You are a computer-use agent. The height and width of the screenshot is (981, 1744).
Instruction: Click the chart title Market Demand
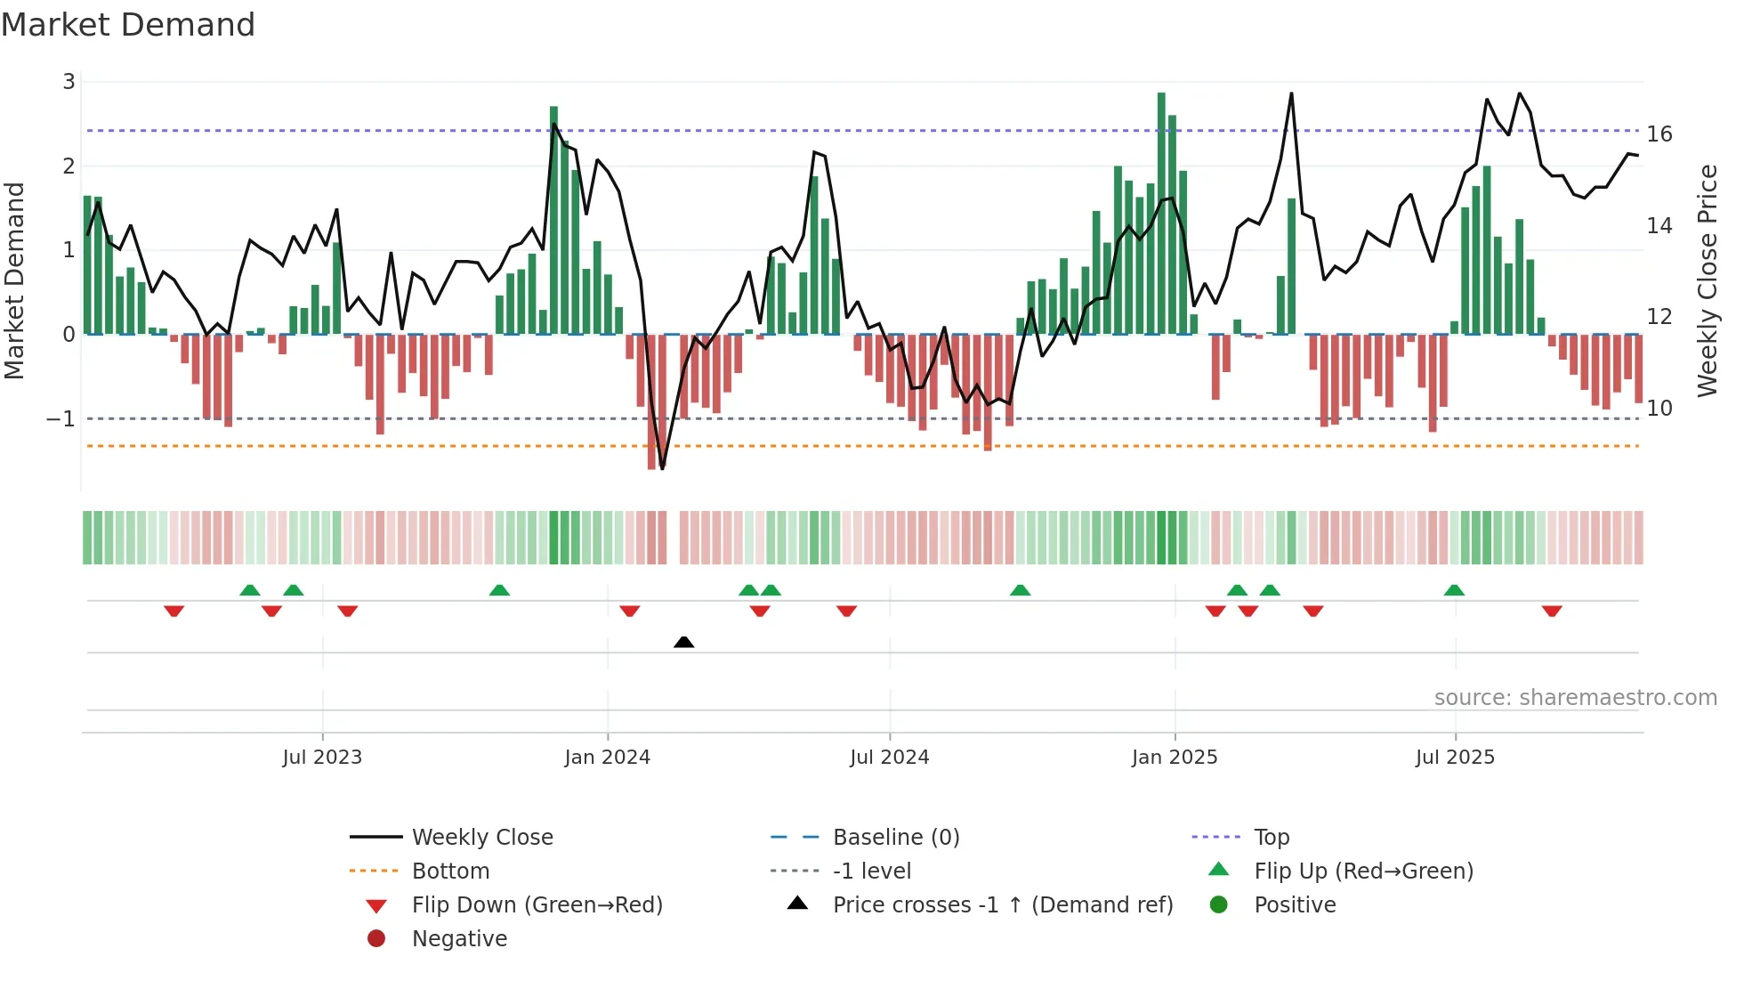(128, 25)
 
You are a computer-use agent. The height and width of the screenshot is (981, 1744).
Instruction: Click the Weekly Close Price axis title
(1707, 280)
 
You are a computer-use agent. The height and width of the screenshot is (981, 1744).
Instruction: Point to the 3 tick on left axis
(69, 82)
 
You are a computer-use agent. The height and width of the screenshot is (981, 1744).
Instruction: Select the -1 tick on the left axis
(61, 418)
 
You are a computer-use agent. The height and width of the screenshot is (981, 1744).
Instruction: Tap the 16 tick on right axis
(1659, 134)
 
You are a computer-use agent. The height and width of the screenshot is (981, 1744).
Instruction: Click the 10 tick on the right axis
(1659, 409)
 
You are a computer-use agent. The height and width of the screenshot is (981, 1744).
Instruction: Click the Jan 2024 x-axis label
(607, 758)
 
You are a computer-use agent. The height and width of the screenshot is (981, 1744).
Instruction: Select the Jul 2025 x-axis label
(1455, 758)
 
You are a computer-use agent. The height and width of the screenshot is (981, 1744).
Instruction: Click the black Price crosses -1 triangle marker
(683, 642)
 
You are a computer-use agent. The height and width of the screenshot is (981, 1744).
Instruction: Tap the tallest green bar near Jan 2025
(1161, 214)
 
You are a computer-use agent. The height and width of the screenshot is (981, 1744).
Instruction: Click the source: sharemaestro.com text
(1575, 698)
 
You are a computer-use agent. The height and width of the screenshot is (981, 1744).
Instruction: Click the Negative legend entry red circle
(376, 939)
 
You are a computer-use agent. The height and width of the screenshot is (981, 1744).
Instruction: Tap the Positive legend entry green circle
(1219, 905)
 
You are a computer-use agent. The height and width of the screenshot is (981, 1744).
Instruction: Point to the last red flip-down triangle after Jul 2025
(1552, 611)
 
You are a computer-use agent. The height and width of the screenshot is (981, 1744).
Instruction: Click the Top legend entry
(1271, 838)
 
